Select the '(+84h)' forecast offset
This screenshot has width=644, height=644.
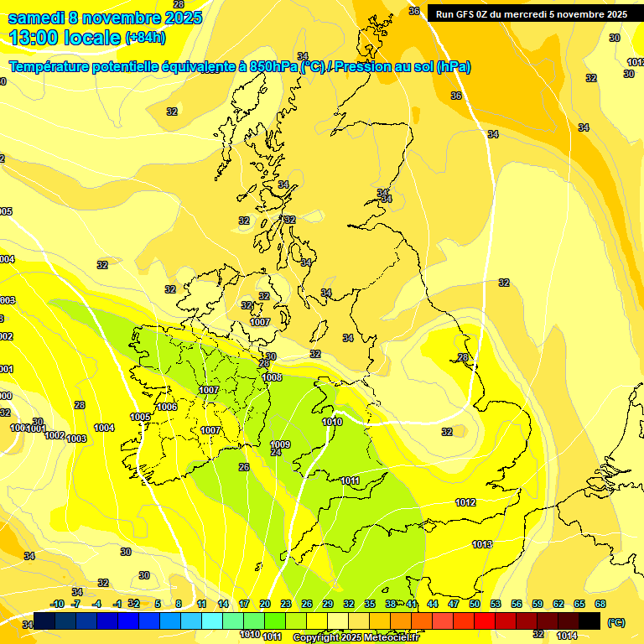point(145,38)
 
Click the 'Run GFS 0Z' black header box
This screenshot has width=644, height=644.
point(531,13)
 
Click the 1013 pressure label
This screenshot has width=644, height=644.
point(481,544)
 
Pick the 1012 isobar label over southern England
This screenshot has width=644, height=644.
point(465,502)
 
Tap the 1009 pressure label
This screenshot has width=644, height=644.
point(280,444)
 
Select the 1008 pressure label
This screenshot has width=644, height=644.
point(272,377)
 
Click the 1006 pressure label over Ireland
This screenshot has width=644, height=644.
point(167,407)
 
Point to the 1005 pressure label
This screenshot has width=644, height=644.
point(140,417)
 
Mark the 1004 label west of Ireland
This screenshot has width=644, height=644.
point(104,428)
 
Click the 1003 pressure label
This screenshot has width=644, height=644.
point(76,439)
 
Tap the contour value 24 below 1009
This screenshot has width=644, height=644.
point(276,453)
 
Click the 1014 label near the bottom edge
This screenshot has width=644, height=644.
point(567,635)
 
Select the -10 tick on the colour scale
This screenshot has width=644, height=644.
point(57,604)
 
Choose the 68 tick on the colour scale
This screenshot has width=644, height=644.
point(600,604)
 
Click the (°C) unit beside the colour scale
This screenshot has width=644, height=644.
point(615,621)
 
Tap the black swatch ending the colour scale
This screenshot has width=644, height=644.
point(589,621)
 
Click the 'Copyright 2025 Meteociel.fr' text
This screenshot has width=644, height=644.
point(356,637)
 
